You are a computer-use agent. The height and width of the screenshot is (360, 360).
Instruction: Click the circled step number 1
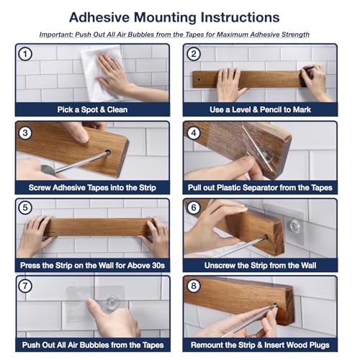(x=25, y=54)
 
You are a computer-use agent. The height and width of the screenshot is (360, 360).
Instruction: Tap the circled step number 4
(x=194, y=132)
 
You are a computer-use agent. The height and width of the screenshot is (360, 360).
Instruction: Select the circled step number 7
(x=25, y=286)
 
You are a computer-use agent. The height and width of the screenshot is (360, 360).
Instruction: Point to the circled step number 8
(x=194, y=286)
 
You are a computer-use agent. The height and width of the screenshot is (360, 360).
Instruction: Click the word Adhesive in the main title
(x=99, y=17)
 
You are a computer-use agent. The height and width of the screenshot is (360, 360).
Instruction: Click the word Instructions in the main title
(x=240, y=17)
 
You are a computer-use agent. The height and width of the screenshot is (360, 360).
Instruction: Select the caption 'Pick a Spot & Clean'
(x=92, y=109)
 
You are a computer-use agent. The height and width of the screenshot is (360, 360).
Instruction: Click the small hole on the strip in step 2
(x=199, y=79)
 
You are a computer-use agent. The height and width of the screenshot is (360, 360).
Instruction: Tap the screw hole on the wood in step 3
(x=108, y=152)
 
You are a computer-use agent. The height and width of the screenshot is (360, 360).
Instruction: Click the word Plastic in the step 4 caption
(x=229, y=187)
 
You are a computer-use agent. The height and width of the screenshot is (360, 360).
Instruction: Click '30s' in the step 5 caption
(x=158, y=266)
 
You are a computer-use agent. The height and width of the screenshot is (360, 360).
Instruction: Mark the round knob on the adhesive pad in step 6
(x=294, y=225)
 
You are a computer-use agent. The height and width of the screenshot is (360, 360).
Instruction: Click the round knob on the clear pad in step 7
(x=112, y=302)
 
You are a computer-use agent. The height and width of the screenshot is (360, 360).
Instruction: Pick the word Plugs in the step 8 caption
(x=318, y=345)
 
